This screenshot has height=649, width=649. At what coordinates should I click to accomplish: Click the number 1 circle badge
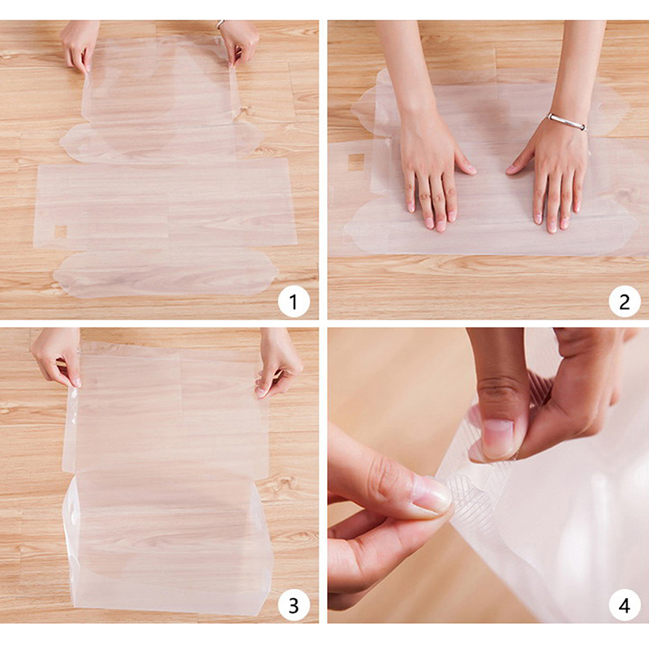point(294,301)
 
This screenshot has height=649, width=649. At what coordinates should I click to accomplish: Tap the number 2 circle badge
point(625,301)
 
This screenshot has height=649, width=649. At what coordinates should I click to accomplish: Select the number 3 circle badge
point(294,605)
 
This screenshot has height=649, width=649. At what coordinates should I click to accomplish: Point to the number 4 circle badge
point(625,605)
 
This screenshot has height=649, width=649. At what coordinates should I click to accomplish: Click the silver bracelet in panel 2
point(567,122)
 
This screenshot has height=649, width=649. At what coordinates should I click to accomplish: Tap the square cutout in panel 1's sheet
point(61,232)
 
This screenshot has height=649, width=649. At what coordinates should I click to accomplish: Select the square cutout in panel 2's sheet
point(356,161)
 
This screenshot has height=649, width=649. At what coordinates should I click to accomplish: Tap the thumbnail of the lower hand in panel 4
point(431,496)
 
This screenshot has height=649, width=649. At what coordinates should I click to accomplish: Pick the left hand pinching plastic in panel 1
point(80,45)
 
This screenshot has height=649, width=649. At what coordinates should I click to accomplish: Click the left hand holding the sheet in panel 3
point(57,357)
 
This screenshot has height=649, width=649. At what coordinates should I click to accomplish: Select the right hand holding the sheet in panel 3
point(277,364)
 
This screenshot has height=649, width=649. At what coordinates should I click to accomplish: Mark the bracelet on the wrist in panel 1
point(220,24)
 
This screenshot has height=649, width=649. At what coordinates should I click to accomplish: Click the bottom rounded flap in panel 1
point(165,273)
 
